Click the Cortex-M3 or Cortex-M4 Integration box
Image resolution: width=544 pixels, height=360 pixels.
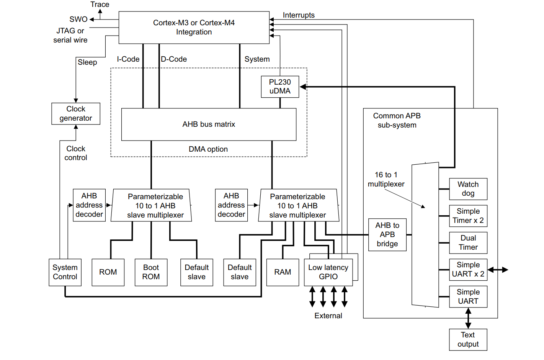(x=194, y=28)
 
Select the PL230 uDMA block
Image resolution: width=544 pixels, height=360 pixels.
(x=280, y=87)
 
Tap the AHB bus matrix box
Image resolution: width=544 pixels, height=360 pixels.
(x=209, y=124)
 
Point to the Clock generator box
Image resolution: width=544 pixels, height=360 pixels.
(x=76, y=114)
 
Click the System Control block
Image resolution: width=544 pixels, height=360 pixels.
(x=65, y=272)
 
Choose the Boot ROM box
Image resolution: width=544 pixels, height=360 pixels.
(x=151, y=272)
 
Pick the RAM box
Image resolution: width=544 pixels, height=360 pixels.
(x=283, y=272)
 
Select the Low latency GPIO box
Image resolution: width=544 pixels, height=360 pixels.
(x=328, y=272)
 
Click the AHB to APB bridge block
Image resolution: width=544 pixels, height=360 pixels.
(x=387, y=235)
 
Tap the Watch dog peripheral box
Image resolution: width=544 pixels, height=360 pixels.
(x=468, y=189)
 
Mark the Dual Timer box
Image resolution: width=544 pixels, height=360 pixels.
(x=468, y=243)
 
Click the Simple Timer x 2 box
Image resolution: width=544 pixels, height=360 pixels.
(x=468, y=216)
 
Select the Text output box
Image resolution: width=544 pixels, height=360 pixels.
(x=468, y=340)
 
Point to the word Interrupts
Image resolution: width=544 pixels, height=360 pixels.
(x=299, y=15)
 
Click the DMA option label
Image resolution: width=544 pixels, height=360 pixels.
(x=208, y=149)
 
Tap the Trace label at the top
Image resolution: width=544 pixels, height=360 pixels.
(x=100, y=5)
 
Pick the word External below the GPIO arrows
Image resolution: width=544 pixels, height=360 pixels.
(x=328, y=316)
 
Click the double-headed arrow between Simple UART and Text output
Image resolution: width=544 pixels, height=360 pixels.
(x=468, y=318)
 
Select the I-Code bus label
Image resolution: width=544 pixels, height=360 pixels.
(x=128, y=59)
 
